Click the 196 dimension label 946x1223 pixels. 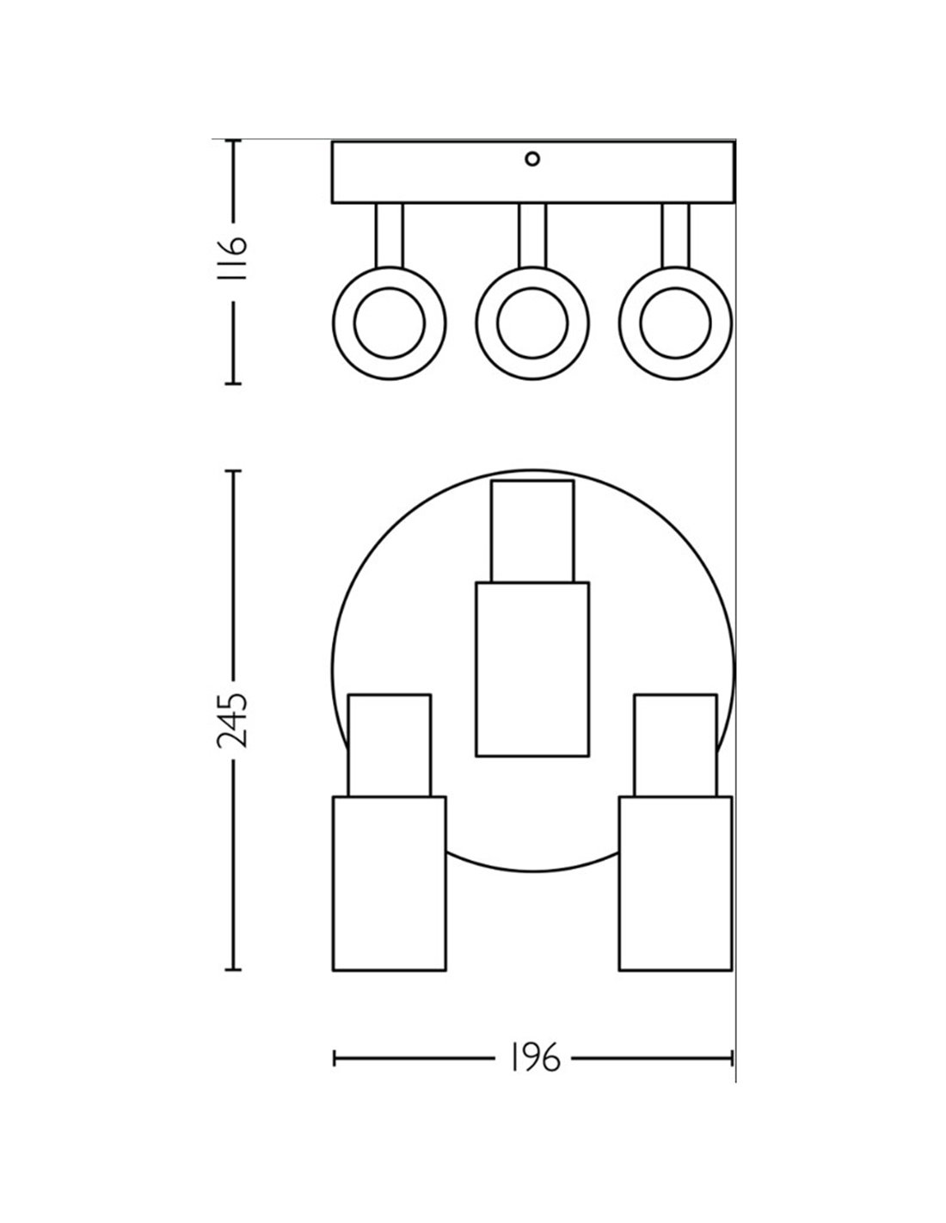[x=533, y=1058]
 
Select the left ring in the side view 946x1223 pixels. [x=390, y=323]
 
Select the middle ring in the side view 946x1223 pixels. [x=532, y=323]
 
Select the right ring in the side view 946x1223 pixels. [x=675, y=323]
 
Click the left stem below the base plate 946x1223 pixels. [x=390, y=236]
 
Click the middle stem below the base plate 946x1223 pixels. [x=532, y=236]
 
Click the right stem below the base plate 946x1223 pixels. [x=675, y=236]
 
